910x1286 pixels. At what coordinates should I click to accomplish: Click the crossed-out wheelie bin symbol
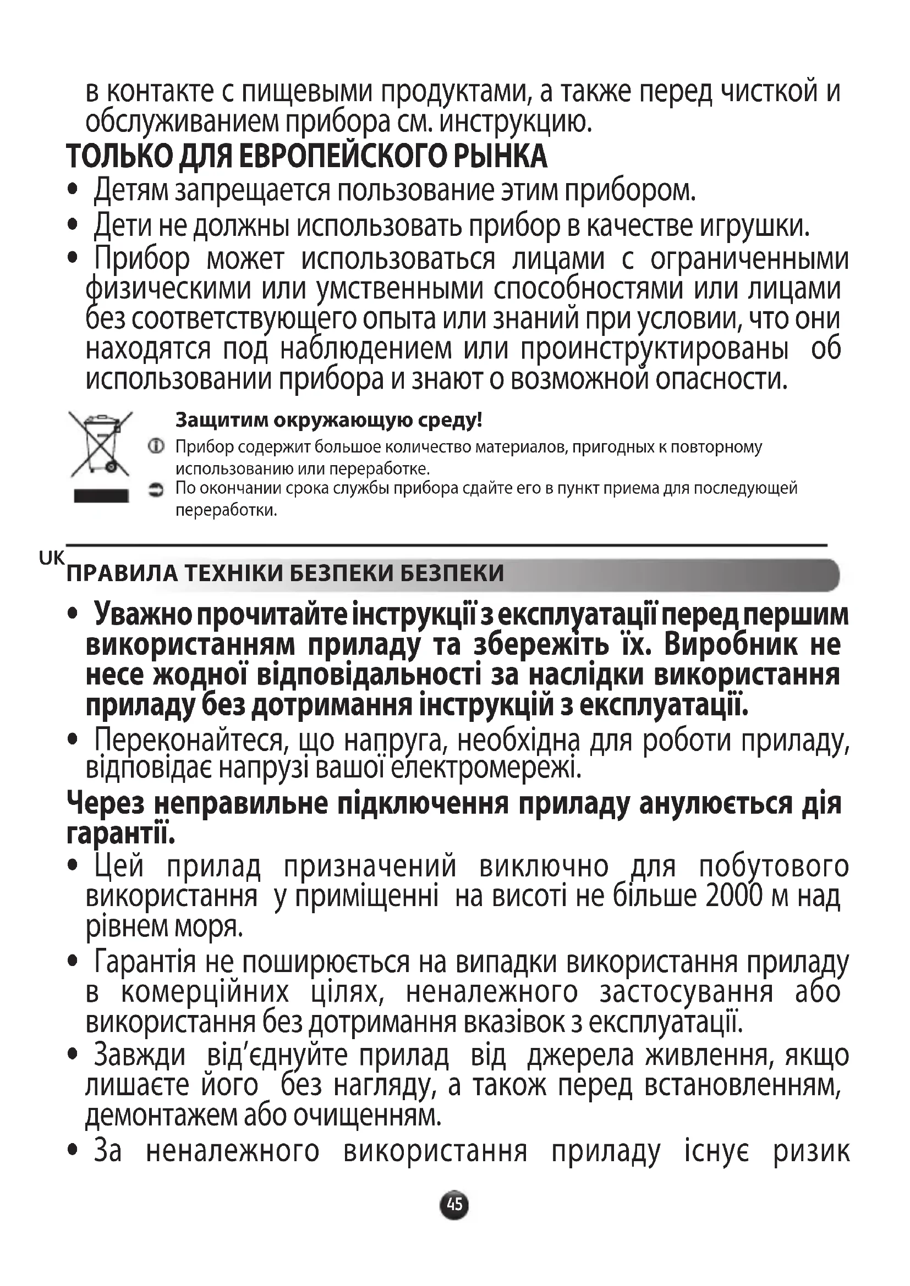tap(100, 443)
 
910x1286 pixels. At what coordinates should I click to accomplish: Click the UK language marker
tap(52, 558)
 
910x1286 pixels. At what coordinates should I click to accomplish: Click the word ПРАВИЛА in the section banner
tap(122, 574)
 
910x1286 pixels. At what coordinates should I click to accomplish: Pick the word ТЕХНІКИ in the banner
tap(235, 574)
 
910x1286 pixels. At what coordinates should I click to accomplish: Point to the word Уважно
tap(142, 614)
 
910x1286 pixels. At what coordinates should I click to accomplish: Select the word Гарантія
tap(145, 962)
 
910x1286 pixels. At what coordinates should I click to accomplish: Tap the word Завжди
tap(140, 1054)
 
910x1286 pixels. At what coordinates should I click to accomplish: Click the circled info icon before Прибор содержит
tap(156, 447)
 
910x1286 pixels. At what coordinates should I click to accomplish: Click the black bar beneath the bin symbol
tap(101, 496)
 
